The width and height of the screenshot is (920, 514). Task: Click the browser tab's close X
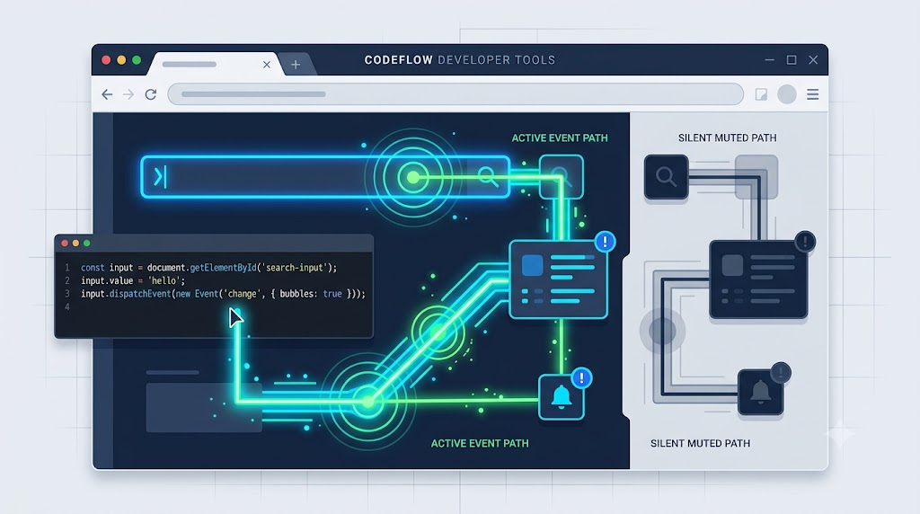pyautogui.click(x=267, y=65)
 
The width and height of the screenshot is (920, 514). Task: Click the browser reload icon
pyautogui.click(x=151, y=94)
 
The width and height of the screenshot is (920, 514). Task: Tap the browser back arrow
pyautogui.click(x=107, y=94)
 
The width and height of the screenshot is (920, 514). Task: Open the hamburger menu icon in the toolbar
pyautogui.click(x=812, y=94)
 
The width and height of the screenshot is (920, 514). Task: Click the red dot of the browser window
pyautogui.click(x=106, y=60)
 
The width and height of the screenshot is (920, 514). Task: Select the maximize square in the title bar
pyautogui.click(x=792, y=60)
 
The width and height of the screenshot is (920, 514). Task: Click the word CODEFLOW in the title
pyautogui.click(x=398, y=60)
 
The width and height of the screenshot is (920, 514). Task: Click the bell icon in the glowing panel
pyautogui.click(x=562, y=396)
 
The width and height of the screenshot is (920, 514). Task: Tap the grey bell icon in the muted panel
pyautogui.click(x=760, y=392)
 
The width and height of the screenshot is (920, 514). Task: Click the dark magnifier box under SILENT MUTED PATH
pyautogui.click(x=666, y=177)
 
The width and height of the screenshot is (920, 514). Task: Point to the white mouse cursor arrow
pyautogui.click(x=235, y=317)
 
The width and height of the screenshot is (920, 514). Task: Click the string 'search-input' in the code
pyautogui.click(x=294, y=268)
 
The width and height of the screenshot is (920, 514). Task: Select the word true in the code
pyautogui.click(x=332, y=293)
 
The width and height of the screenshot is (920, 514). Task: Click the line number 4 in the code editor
pyautogui.click(x=66, y=307)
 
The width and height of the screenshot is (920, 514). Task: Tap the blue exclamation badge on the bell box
pyautogui.click(x=581, y=378)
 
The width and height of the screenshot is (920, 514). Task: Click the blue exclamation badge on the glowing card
pyautogui.click(x=605, y=241)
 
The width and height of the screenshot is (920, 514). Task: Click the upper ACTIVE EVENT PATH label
pyautogui.click(x=560, y=137)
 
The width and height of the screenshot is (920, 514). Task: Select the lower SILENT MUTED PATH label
pyautogui.click(x=700, y=444)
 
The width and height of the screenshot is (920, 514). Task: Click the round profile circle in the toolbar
pyautogui.click(x=787, y=94)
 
